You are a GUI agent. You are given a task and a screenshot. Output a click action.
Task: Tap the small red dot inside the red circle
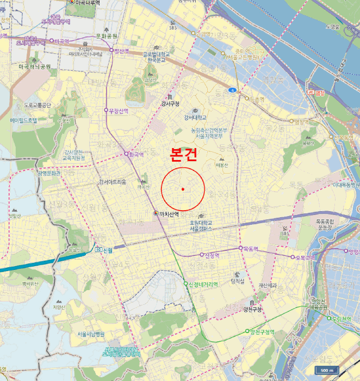click(183, 189)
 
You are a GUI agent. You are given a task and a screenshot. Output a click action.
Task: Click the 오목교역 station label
click(304, 257)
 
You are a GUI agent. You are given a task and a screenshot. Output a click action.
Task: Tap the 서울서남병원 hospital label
click(90, 334)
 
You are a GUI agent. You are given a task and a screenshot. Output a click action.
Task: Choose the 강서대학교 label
click(195, 117)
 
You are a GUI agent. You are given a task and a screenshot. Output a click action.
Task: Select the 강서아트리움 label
click(112, 182)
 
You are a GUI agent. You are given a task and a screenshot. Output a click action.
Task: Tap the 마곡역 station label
click(62, 41)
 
